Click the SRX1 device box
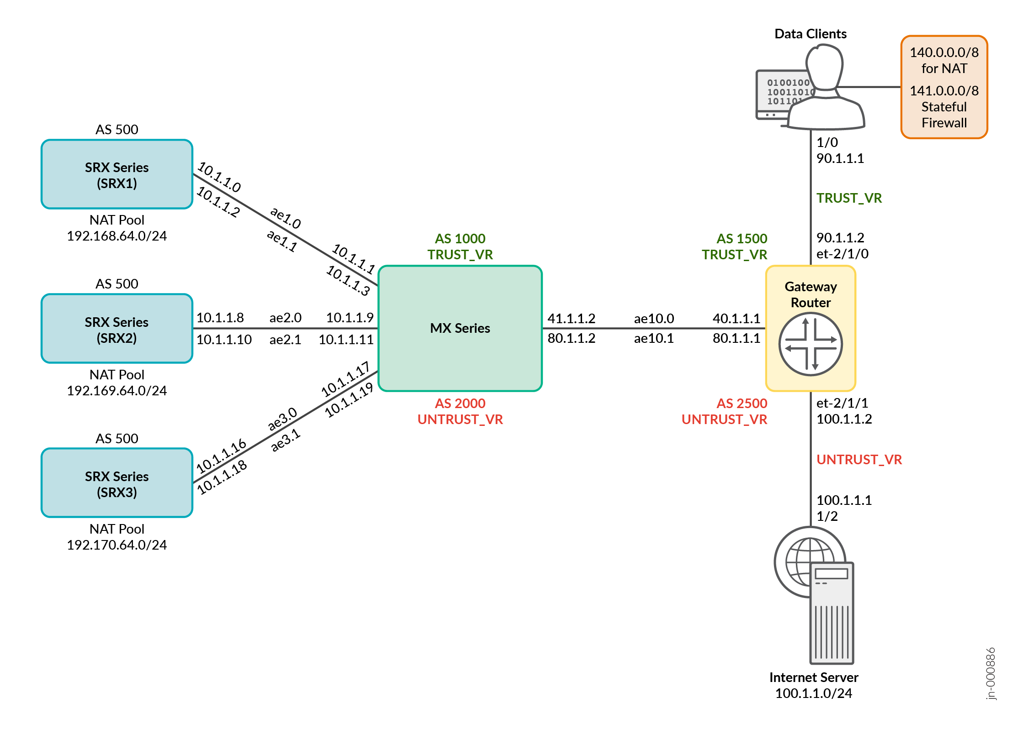[117, 174]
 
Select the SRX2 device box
[117, 329]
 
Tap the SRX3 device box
[117, 483]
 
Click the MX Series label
[460, 328]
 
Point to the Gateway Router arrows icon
[810, 344]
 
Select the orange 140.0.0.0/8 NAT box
[944, 87]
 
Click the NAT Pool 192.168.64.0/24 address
[117, 236]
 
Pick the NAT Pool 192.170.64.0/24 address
[117, 545]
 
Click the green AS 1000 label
[460, 239]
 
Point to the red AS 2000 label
[460, 404]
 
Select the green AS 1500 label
[742, 239]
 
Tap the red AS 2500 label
[742, 404]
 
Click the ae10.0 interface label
[654, 319]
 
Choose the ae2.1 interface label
[285, 340]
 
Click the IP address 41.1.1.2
[571, 319]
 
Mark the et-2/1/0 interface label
[842, 254]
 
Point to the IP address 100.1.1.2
[844, 419]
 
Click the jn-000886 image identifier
[990, 673]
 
